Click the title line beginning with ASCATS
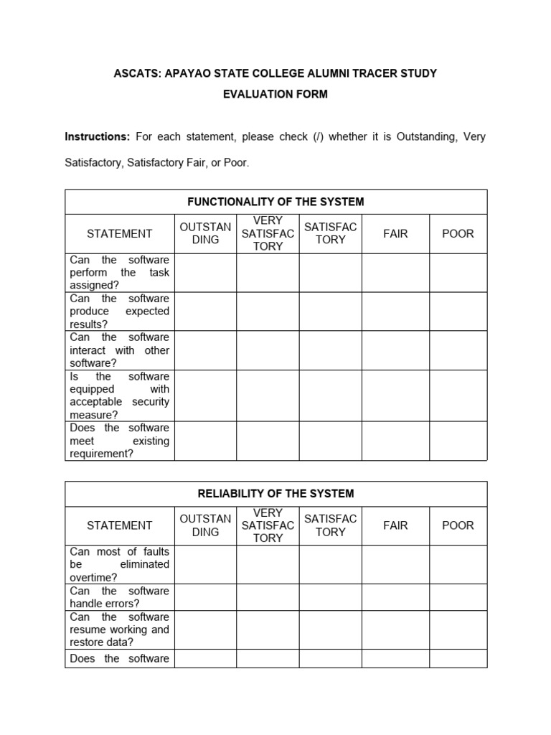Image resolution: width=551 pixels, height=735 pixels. click(x=275, y=73)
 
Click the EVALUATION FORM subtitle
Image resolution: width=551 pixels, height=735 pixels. click(x=275, y=95)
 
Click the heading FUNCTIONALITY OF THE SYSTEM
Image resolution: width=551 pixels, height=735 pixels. click(x=275, y=202)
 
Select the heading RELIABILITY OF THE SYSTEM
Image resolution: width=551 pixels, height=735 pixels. click(x=275, y=494)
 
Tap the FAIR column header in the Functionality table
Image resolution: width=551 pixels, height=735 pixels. click(x=395, y=233)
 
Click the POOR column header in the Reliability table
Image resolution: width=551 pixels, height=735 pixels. click(x=458, y=525)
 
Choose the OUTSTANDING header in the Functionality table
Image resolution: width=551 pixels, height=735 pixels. click(x=205, y=233)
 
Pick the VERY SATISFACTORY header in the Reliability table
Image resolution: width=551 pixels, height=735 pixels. click(x=268, y=525)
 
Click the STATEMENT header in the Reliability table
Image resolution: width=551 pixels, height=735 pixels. click(x=120, y=525)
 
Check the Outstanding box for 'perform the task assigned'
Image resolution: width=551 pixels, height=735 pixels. click(x=205, y=273)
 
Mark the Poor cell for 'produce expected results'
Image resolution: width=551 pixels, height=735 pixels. click(x=458, y=312)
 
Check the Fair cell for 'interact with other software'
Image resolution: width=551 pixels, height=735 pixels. click(x=395, y=350)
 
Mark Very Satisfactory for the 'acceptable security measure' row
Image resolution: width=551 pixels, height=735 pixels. click(x=268, y=395)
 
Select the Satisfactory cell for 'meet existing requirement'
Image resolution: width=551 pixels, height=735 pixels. click(x=330, y=441)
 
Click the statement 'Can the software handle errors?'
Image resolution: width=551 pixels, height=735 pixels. click(x=120, y=597)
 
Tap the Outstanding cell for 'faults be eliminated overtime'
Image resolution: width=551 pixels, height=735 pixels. click(x=205, y=564)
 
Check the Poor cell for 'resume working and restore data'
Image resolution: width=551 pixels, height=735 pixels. click(x=458, y=629)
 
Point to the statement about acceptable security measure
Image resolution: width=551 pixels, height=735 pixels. click(x=120, y=395)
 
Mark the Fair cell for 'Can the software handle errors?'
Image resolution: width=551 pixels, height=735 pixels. click(x=395, y=597)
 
